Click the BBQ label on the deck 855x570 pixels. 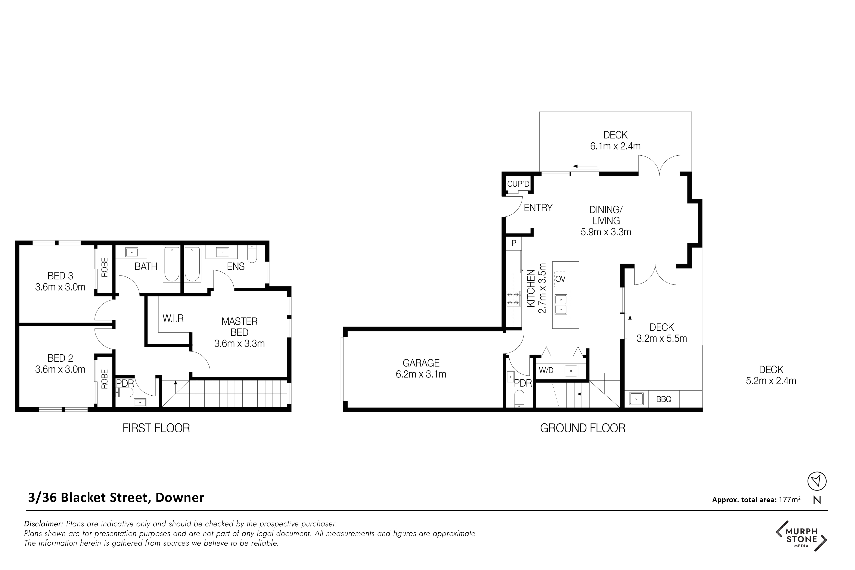point(664,399)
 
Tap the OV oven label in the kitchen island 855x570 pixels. point(560,279)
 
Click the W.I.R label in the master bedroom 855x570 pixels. point(173,318)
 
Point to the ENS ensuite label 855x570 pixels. point(236,267)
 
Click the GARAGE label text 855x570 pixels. point(421,363)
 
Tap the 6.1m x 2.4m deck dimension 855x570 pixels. point(615,146)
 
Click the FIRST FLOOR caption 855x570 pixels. point(156,428)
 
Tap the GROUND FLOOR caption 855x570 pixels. point(583,428)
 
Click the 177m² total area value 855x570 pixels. point(790,499)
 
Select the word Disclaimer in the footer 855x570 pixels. point(44,524)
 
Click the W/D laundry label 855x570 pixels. point(546,370)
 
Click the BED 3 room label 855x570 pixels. point(60,276)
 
